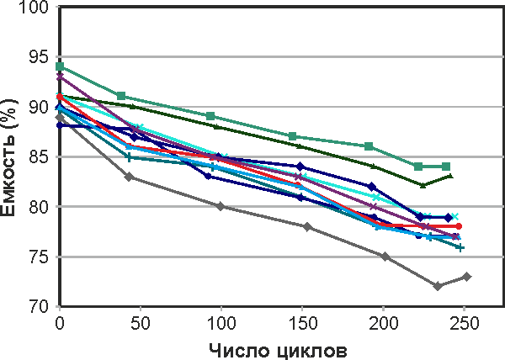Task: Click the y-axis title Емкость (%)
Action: coord(12,156)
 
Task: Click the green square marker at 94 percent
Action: coord(60,66)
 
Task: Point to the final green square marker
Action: coord(446,167)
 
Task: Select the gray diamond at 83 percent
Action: coord(129,177)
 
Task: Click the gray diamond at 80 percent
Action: coord(221,206)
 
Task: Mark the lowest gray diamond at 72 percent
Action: coord(438,286)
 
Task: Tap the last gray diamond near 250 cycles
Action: coord(467,277)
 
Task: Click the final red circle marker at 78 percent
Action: coord(458,226)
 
